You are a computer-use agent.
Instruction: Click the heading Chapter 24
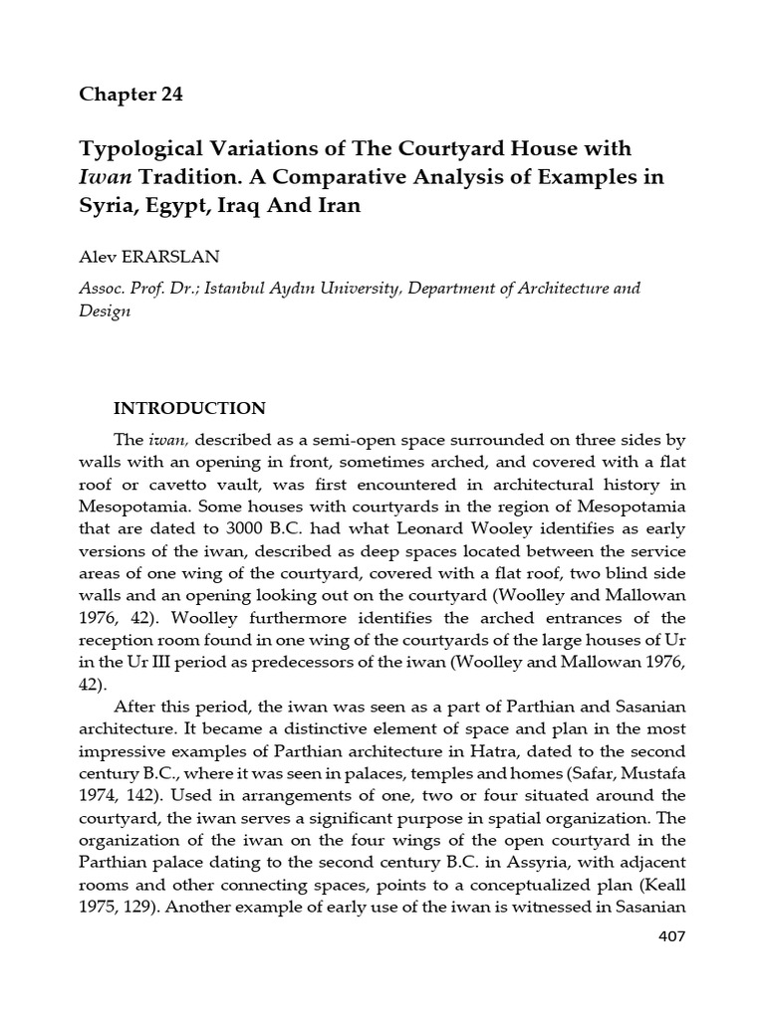[131, 96]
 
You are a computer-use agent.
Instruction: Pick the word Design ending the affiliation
[104, 310]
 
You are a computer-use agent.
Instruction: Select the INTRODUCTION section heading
[189, 408]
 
